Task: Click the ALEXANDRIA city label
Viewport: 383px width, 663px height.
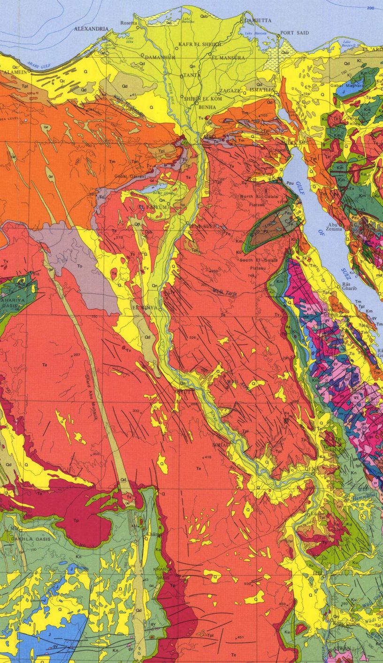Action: [x=91, y=29]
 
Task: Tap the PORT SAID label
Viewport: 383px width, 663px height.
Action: [x=294, y=33]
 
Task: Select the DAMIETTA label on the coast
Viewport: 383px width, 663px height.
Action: [x=257, y=21]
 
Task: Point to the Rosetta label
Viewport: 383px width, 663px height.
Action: [x=130, y=23]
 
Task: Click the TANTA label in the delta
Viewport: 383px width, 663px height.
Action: [x=191, y=75]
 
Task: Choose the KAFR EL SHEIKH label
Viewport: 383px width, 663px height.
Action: [x=199, y=44]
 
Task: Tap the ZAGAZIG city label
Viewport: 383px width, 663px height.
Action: [x=230, y=91]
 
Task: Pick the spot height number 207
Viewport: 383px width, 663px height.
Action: [x=77, y=355]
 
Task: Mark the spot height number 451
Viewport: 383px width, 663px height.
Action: [x=240, y=637]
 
